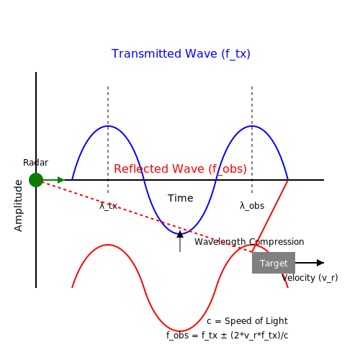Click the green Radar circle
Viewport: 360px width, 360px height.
click(36, 180)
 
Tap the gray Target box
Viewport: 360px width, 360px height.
click(274, 263)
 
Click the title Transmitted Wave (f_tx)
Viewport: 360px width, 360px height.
click(181, 54)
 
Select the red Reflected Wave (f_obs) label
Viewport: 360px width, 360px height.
click(180, 169)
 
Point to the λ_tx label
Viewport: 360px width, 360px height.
click(108, 206)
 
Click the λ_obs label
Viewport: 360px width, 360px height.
click(252, 206)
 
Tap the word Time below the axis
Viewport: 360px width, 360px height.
click(180, 198)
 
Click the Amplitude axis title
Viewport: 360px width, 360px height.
click(18, 206)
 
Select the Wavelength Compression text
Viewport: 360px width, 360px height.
click(249, 242)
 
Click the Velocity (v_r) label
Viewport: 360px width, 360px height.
click(310, 278)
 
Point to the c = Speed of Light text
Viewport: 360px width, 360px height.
click(247, 321)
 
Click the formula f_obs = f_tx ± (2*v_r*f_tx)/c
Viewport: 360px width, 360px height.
click(227, 336)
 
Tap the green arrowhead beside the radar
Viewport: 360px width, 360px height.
click(61, 180)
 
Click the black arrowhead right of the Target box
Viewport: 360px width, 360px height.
click(320, 263)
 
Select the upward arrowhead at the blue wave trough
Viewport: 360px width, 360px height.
click(180, 234)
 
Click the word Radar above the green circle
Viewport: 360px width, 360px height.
click(35, 163)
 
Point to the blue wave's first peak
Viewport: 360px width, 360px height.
click(108, 126)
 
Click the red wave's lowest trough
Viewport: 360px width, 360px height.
click(180, 331)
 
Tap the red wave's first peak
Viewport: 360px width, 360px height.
click(108, 245)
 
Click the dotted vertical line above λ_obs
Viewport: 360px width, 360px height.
click(252, 140)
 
